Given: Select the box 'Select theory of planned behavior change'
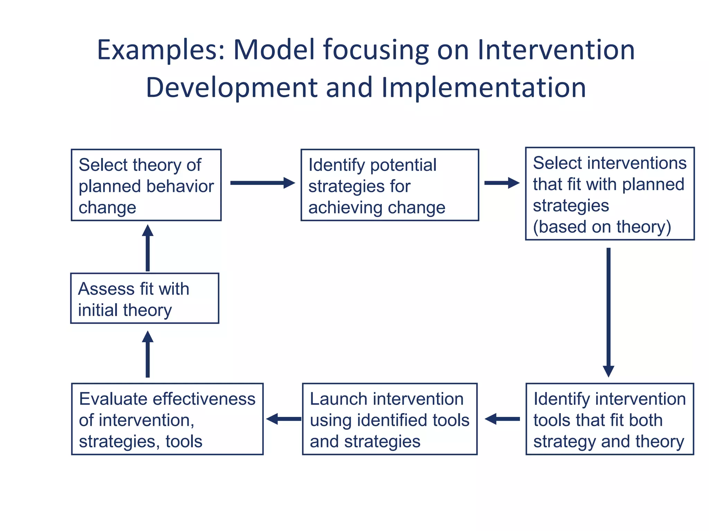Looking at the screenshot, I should tap(146, 185).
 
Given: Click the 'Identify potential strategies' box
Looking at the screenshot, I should tap(389, 185).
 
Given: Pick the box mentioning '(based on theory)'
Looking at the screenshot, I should tap(610, 194).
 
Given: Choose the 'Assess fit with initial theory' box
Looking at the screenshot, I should tap(145, 298).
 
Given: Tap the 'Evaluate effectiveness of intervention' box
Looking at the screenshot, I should tap(167, 419).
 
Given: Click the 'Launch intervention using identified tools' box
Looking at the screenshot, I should tap(389, 419).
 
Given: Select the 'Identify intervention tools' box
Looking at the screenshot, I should tap(610, 419).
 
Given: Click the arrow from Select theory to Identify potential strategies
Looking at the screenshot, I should tap(262, 183).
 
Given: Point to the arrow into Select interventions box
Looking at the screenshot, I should tap(501, 183).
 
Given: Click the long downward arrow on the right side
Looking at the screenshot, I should tap(608, 311).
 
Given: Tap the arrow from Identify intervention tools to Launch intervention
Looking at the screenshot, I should tap(502, 419).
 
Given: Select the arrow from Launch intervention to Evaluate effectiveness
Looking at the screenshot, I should tap(284, 419).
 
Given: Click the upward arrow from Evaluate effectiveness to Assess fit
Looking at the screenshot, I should tap(148, 354).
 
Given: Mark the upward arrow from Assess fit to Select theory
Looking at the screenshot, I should tap(148, 248).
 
